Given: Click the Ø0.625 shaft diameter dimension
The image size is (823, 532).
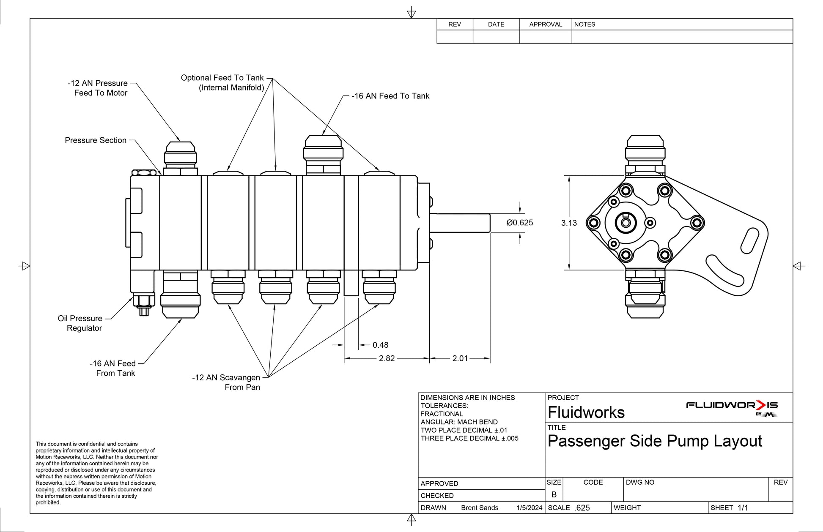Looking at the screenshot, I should point(520,223).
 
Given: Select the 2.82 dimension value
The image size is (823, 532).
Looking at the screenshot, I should point(387,358).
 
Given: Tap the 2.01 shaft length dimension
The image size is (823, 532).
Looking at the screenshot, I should point(460,358).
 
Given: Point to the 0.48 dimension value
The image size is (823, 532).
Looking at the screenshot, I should point(380,345).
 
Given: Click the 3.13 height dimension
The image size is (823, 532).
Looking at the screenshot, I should point(569,223).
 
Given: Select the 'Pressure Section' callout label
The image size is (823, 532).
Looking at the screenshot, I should point(96,140).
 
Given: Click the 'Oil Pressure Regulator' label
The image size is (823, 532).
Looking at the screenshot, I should point(80,323).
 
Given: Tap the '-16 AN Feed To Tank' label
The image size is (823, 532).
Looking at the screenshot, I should point(390,96).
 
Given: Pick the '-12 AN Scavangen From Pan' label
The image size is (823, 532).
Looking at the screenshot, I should point(226,382).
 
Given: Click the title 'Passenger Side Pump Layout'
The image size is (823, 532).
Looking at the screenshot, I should point(655,441).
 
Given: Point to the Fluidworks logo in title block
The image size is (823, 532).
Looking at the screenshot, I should point(732,408).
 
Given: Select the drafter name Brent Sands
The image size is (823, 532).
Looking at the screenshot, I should point(480,508).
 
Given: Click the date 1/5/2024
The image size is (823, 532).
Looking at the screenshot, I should point(529,508).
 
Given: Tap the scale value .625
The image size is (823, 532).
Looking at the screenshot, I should point(582,508).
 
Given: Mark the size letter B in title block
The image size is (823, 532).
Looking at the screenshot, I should point(554,495).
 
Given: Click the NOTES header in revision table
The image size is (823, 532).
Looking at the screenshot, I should point(584,25).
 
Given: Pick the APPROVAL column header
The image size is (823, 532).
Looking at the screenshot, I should point(546,25).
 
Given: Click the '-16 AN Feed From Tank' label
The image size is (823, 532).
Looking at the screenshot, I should point(113,368).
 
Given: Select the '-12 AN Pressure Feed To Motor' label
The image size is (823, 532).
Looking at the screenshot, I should point(98,88).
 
